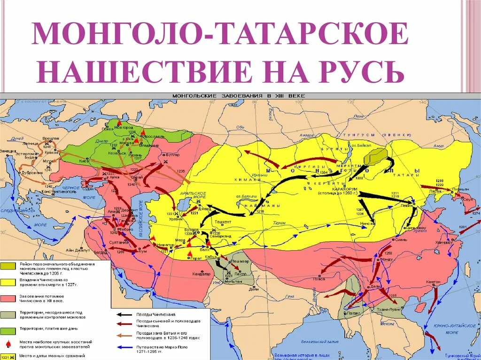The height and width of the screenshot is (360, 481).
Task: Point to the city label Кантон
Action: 433,282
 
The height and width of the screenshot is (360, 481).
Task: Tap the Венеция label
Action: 7,151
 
